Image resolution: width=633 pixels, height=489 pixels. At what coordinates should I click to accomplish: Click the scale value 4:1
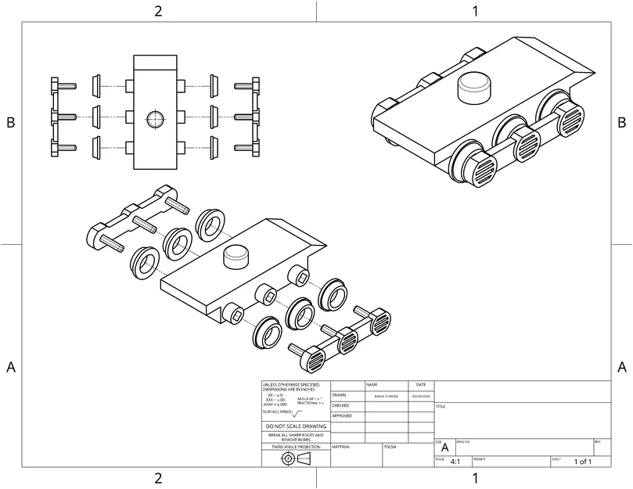(x=455, y=462)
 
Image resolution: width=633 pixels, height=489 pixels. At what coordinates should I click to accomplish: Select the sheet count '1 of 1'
(x=582, y=462)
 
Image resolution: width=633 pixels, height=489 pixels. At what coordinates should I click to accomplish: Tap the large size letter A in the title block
(x=445, y=448)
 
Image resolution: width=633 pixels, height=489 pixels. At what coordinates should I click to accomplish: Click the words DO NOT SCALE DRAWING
(x=296, y=426)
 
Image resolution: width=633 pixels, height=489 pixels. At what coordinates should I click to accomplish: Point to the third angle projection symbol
(x=295, y=458)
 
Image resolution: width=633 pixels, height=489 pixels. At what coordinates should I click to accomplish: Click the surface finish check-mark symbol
(x=297, y=412)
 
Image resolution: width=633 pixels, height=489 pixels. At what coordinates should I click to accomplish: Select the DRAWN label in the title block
(x=339, y=395)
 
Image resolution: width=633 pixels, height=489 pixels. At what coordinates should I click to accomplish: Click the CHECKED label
(x=340, y=405)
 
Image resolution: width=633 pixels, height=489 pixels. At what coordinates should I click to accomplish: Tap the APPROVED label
(x=342, y=415)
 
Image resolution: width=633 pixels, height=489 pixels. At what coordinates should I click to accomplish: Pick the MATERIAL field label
(x=341, y=446)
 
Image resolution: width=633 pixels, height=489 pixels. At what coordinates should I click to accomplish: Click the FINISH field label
(x=389, y=446)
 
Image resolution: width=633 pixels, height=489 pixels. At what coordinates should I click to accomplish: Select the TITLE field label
(x=441, y=406)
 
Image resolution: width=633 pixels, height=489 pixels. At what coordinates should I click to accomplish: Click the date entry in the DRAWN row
(x=421, y=396)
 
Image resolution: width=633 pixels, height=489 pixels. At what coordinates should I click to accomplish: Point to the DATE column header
(x=421, y=385)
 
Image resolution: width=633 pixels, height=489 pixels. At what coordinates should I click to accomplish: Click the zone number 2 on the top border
(x=158, y=11)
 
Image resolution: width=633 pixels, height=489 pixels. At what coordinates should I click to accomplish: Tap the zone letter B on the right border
(x=621, y=122)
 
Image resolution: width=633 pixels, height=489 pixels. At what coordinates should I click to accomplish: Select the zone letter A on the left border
(x=11, y=367)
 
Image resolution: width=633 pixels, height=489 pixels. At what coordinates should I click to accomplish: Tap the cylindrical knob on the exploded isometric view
(x=236, y=256)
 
